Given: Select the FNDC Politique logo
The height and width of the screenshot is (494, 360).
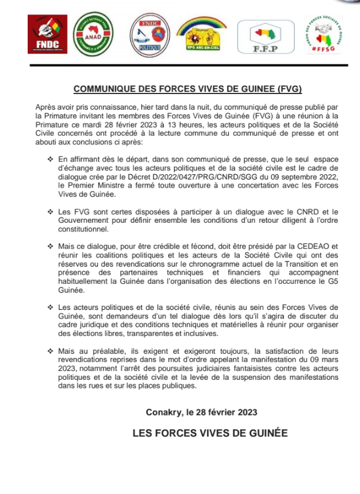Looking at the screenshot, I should coord(148,34).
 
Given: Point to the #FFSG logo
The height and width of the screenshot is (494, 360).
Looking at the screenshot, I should coord(322,34).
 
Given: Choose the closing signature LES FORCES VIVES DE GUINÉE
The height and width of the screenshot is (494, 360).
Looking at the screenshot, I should coord(209,433).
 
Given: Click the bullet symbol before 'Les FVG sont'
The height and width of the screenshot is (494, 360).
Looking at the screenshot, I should coord(50,212).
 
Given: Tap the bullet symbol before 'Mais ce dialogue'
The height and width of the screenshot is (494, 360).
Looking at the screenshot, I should coord(50,246).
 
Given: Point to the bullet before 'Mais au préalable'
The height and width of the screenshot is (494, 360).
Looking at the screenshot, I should coord(50,351).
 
